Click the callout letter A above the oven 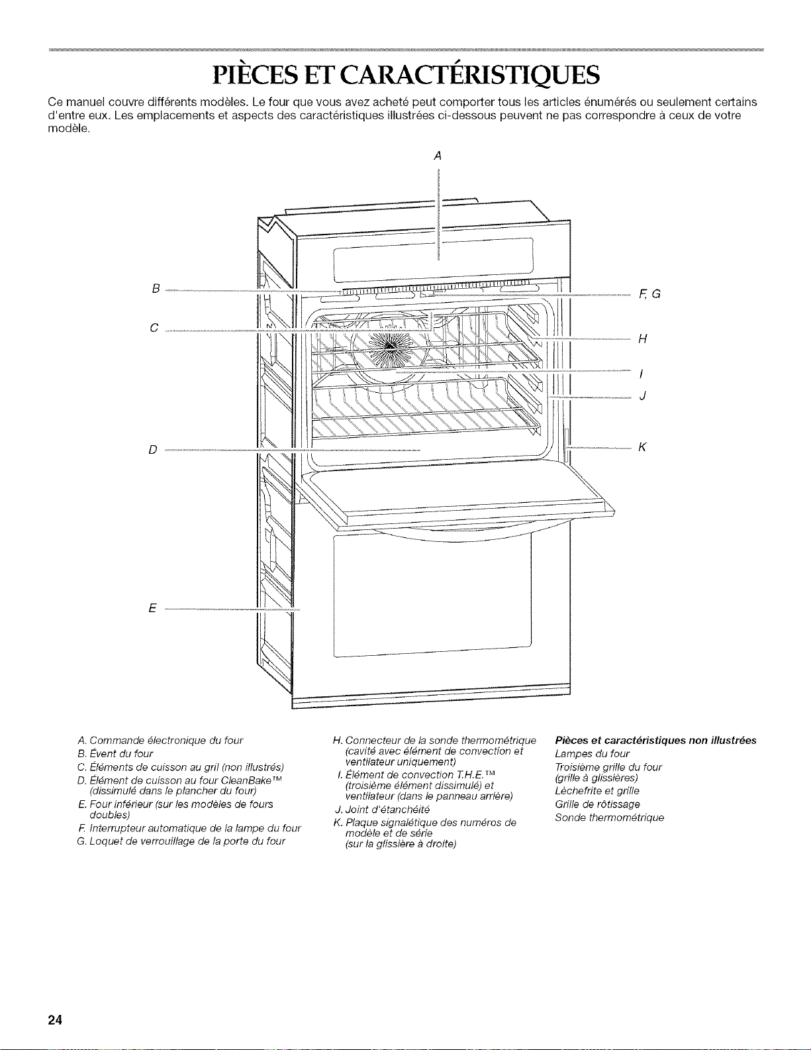[438, 156]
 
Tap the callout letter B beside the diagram [156, 289]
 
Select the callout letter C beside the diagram [154, 328]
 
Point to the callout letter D [153, 450]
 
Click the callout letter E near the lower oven [153, 608]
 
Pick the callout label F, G [649, 293]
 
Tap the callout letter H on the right [643, 339]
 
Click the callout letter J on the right [643, 396]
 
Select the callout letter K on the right [642, 447]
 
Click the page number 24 [55, 1020]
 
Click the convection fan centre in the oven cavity [392, 344]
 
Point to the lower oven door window [432, 596]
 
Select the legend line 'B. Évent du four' [115, 754]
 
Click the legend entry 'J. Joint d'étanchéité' [382, 810]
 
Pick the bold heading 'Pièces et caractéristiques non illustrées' [655, 740]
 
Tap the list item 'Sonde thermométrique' [610, 817]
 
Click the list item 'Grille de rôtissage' [598, 804]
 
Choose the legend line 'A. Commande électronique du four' [160, 740]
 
